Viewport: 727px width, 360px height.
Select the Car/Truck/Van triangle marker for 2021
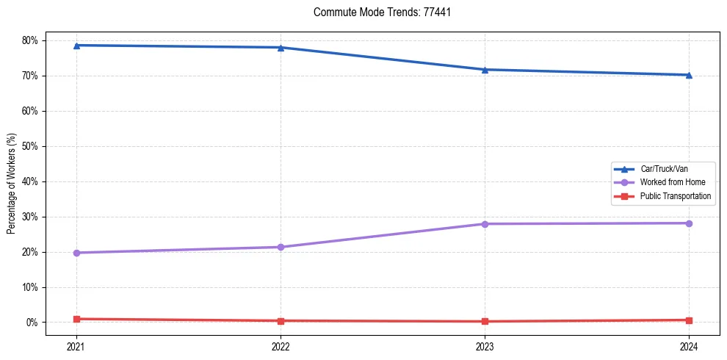click(x=76, y=46)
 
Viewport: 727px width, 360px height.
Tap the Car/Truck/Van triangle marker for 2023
click(x=485, y=70)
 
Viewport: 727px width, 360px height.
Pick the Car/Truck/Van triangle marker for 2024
click(x=689, y=75)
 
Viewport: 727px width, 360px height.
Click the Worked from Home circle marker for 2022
click(x=281, y=247)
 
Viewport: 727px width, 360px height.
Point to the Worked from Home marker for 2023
click(x=485, y=224)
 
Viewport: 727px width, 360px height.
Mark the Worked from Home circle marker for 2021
click(x=76, y=253)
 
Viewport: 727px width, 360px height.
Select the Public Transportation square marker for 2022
click(x=281, y=321)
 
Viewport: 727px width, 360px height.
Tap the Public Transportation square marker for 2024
click(x=689, y=320)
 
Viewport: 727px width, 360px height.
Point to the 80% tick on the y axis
click(x=30, y=40)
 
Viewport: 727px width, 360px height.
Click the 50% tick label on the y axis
click(x=30, y=146)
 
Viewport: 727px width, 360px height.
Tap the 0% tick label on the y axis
click(x=32, y=323)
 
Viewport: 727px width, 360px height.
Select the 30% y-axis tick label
click(x=30, y=217)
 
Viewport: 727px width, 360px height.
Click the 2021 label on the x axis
click(x=76, y=345)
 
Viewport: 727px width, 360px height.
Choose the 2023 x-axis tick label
click(x=485, y=345)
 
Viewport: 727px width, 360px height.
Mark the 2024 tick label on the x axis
click(x=689, y=345)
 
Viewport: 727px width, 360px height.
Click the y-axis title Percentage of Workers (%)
click(x=12, y=183)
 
